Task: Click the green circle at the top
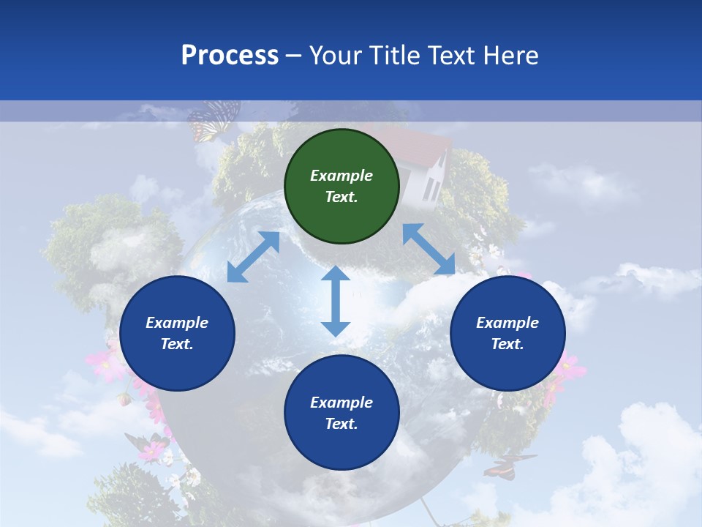point(341,187)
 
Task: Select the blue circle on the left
point(177,333)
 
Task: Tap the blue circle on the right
point(507,333)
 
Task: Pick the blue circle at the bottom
point(341,413)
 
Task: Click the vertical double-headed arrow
point(336,301)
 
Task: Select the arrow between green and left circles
point(253,257)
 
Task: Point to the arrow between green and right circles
point(429,249)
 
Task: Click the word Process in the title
point(230,55)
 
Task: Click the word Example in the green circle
point(341,176)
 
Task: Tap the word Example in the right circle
point(507,323)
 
